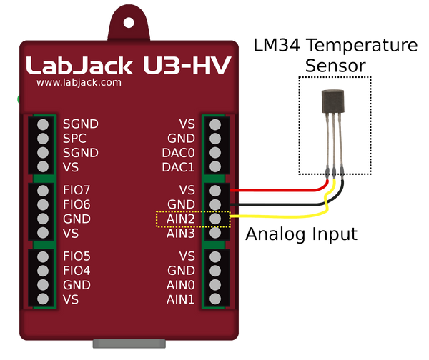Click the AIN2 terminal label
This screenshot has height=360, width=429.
(181, 219)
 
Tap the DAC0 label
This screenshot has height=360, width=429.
(179, 153)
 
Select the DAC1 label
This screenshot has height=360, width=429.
(179, 167)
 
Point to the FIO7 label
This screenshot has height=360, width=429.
(77, 190)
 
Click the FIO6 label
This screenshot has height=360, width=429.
(77, 204)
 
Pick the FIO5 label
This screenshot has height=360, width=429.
(77, 256)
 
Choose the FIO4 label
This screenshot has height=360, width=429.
(77, 271)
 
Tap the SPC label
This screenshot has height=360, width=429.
(74, 138)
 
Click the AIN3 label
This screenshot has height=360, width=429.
(181, 234)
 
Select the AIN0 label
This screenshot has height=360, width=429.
(181, 285)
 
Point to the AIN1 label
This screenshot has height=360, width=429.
(181, 299)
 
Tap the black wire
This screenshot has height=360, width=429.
(279, 204)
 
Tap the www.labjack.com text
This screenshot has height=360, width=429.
(79, 82)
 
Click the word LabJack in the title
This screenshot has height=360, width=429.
(79, 66)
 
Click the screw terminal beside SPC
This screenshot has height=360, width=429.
(43, 138)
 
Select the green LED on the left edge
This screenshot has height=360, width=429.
(16, 99)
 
